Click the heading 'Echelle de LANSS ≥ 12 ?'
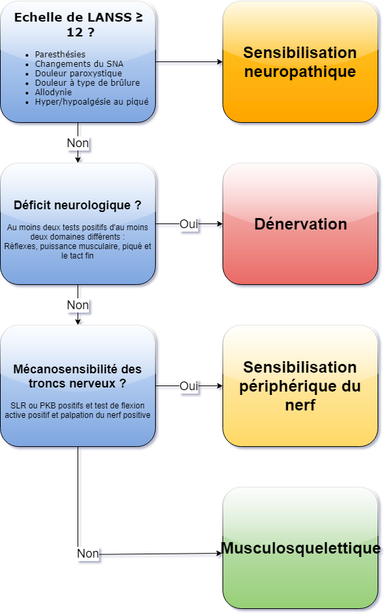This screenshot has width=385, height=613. point(78,24)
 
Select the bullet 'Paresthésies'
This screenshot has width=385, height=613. point(60,54)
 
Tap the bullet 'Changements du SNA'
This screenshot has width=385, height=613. point(80,63)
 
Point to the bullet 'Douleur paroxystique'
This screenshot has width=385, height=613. point(78,73)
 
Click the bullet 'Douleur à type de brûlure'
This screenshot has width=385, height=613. point(88,82)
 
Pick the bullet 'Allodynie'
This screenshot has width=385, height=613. point(53,92)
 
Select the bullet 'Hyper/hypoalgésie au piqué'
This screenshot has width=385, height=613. point(92,102)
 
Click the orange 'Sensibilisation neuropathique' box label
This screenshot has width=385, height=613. point(300,61)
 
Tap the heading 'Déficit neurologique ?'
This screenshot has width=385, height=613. point(78,205)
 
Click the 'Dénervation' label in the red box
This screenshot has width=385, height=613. point(301,224)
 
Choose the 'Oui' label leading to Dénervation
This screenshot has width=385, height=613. point(189,224)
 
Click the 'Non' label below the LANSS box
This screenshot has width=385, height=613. point(78,143)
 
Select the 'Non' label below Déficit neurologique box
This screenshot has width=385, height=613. point(78,305)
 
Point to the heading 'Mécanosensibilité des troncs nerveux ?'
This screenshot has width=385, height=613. point(78,376)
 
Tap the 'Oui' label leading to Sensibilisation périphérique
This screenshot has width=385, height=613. point(189,386)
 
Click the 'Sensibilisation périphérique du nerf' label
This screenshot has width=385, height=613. point(300,386)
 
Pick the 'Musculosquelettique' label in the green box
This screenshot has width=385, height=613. point(301,548)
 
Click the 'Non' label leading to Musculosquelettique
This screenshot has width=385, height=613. point(88,554)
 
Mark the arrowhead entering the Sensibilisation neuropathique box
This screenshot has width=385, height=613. point(220,61)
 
